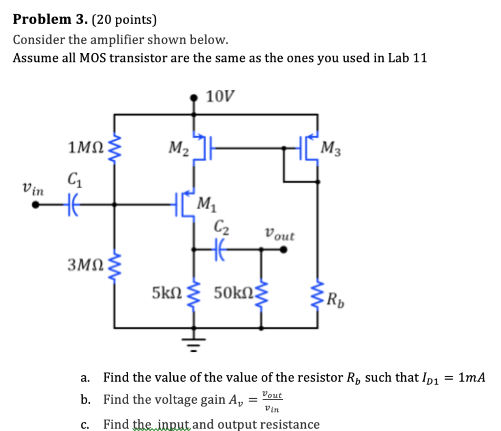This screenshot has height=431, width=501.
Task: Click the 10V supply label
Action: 220,97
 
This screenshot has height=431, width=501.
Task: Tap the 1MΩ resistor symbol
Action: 115,145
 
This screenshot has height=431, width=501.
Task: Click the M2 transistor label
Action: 179,146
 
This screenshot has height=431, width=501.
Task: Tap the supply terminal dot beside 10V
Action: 195,98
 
